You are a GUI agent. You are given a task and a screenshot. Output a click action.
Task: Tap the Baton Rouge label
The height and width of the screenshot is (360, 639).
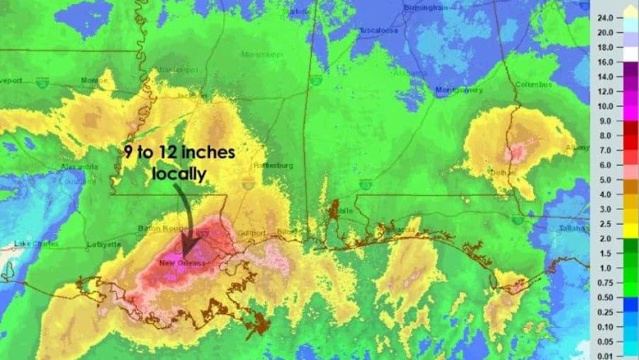pos(156,230)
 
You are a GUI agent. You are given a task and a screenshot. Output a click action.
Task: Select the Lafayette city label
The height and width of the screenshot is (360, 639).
pos(103,246)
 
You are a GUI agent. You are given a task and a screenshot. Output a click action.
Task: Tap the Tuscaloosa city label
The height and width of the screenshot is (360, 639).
pos(378,30)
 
